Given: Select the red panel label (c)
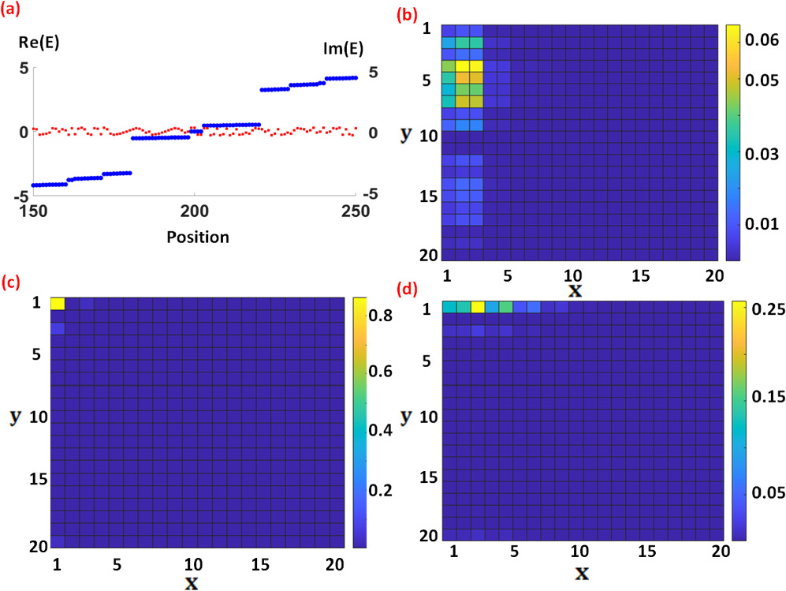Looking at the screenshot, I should tap(13, 282).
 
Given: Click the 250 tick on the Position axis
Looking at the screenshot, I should tap(356, 211).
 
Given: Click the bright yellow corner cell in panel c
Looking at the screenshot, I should tap(58, 304).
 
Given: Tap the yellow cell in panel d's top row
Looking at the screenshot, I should tap(478, 307).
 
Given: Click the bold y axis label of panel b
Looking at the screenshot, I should tap(405, 134).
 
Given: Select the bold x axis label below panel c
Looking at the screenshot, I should tap(192, 584).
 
